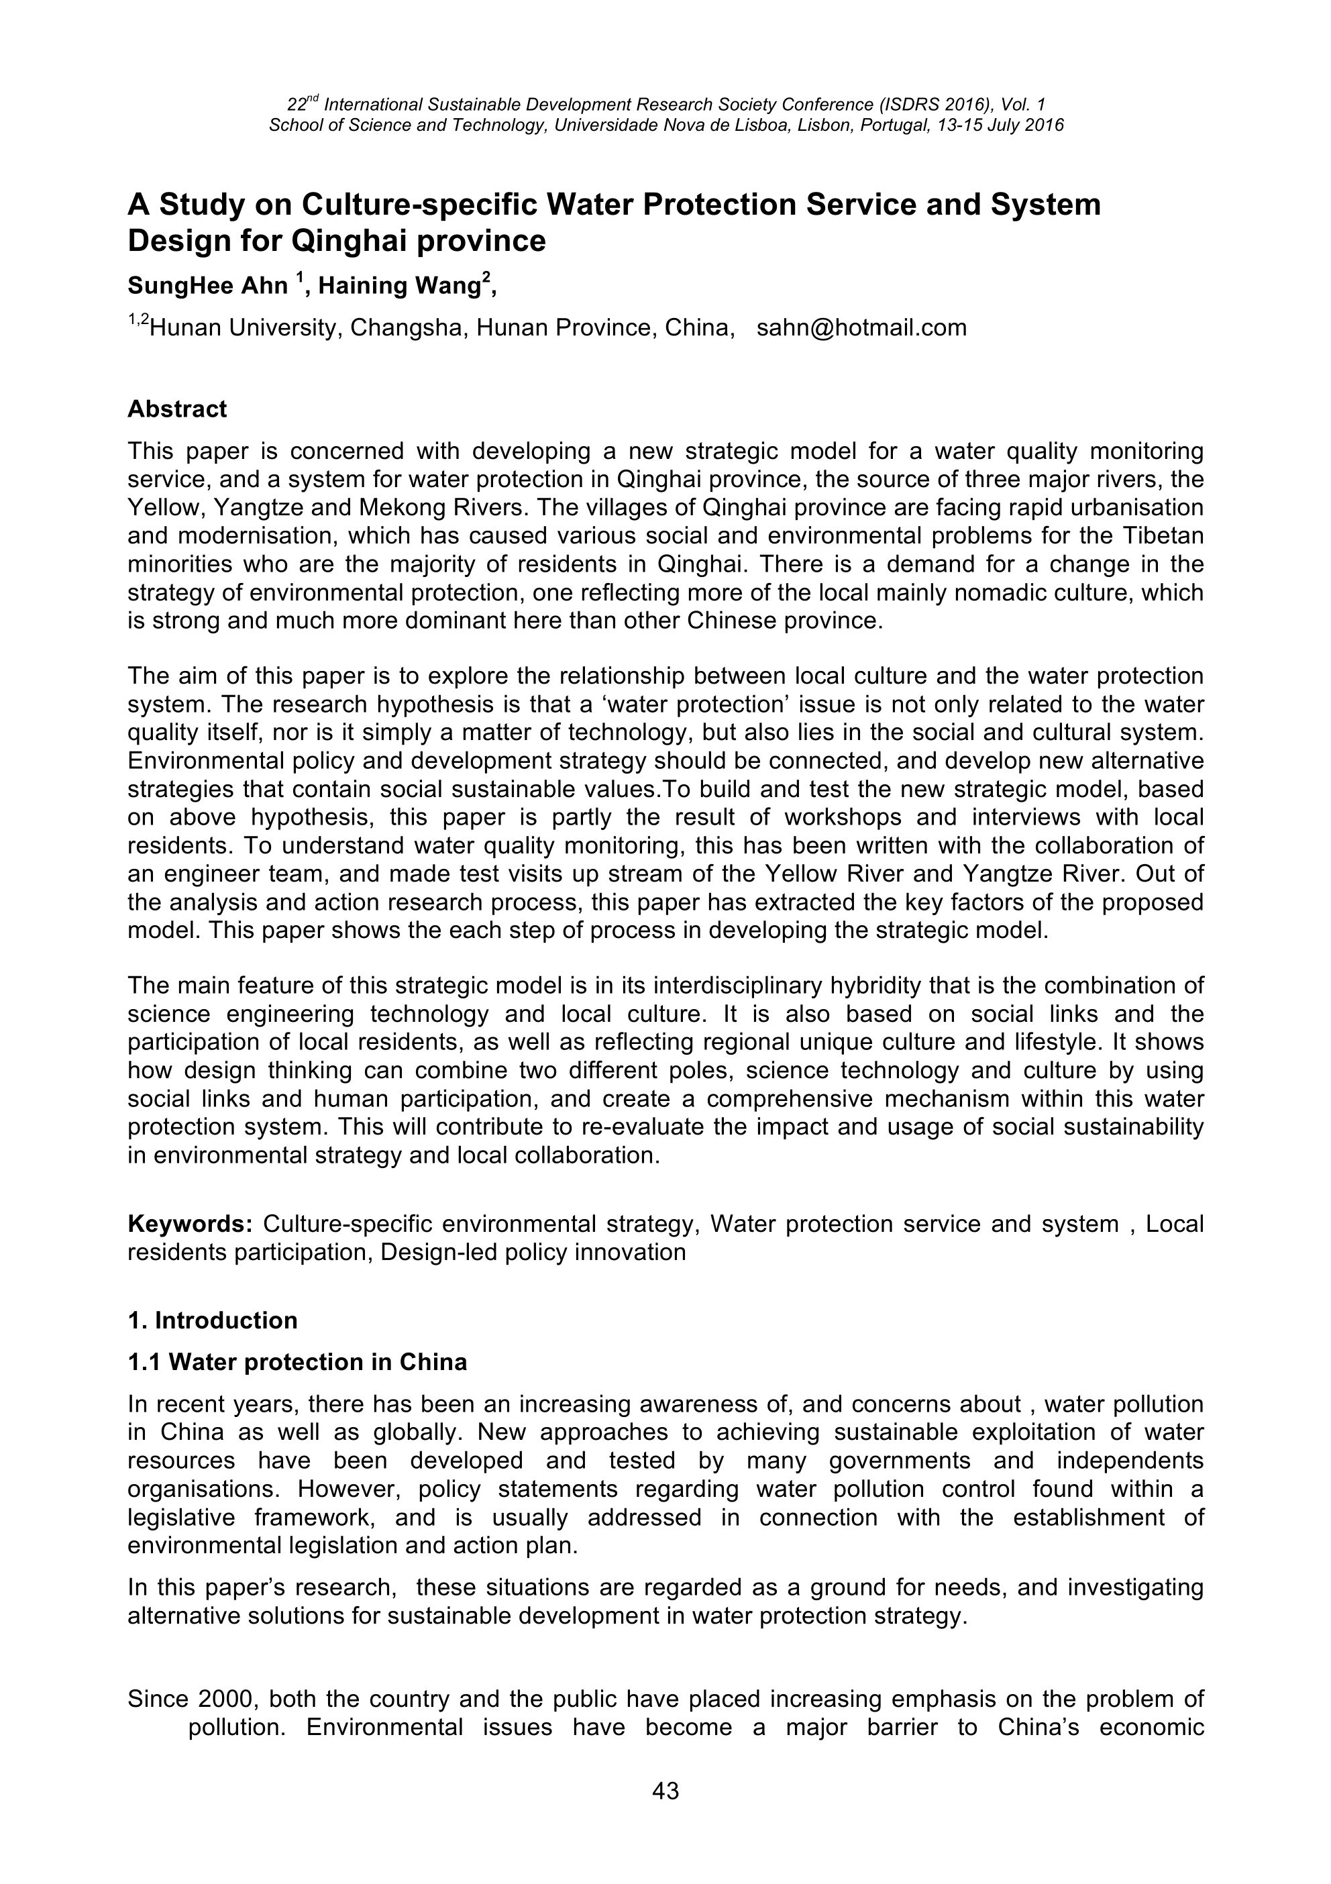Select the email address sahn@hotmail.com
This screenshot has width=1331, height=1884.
coord(861,328)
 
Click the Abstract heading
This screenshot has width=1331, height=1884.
coord(177,409)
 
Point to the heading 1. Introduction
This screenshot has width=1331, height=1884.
coord(213,1320)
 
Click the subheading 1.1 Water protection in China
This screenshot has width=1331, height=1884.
coord(297,1362)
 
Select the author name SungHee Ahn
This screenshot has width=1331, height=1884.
coord(207,286)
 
